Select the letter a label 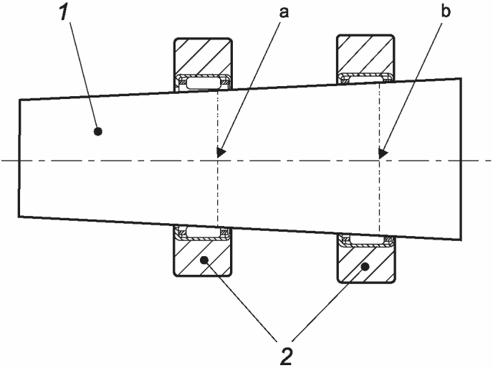coord(284,13)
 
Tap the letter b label coord(446,11)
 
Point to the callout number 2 coord(285,356)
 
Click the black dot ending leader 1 coord(98,131)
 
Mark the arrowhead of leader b coord(383,153)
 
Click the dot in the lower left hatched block coord(204,260)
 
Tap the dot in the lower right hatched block coord(365,267)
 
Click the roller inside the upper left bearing coord(204,83)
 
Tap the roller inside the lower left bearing coord(204,232)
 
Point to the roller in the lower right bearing coord(367,240)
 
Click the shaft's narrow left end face coord(19,158)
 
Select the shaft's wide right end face coord(461,159)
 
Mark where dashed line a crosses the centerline coord(217,161)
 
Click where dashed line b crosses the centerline coord(380,161)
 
